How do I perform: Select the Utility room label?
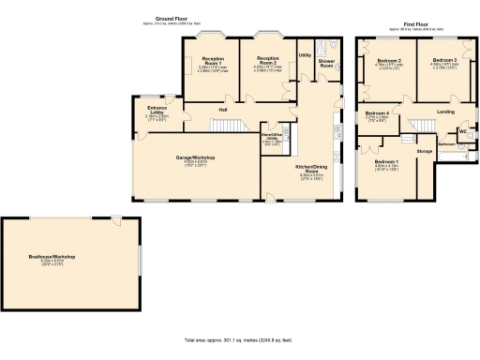[x=305, y=55]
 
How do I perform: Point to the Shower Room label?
[x=326, y=64]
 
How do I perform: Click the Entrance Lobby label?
[x=157, y=111]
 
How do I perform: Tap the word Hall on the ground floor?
[x=223, y=110]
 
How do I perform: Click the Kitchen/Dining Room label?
[x=310, y=169]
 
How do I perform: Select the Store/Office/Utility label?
[x=272, y=136]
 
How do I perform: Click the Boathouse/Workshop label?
[x=69, y=256]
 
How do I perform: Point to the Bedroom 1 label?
[x=386, y=161]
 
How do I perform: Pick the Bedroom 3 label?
[x=443, y=60]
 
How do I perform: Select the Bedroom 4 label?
[x=376, y=113]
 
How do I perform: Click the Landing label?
[x=445, y=112]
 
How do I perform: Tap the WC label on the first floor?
[x=462, y=130]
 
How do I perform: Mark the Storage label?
[x=424, y=150]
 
